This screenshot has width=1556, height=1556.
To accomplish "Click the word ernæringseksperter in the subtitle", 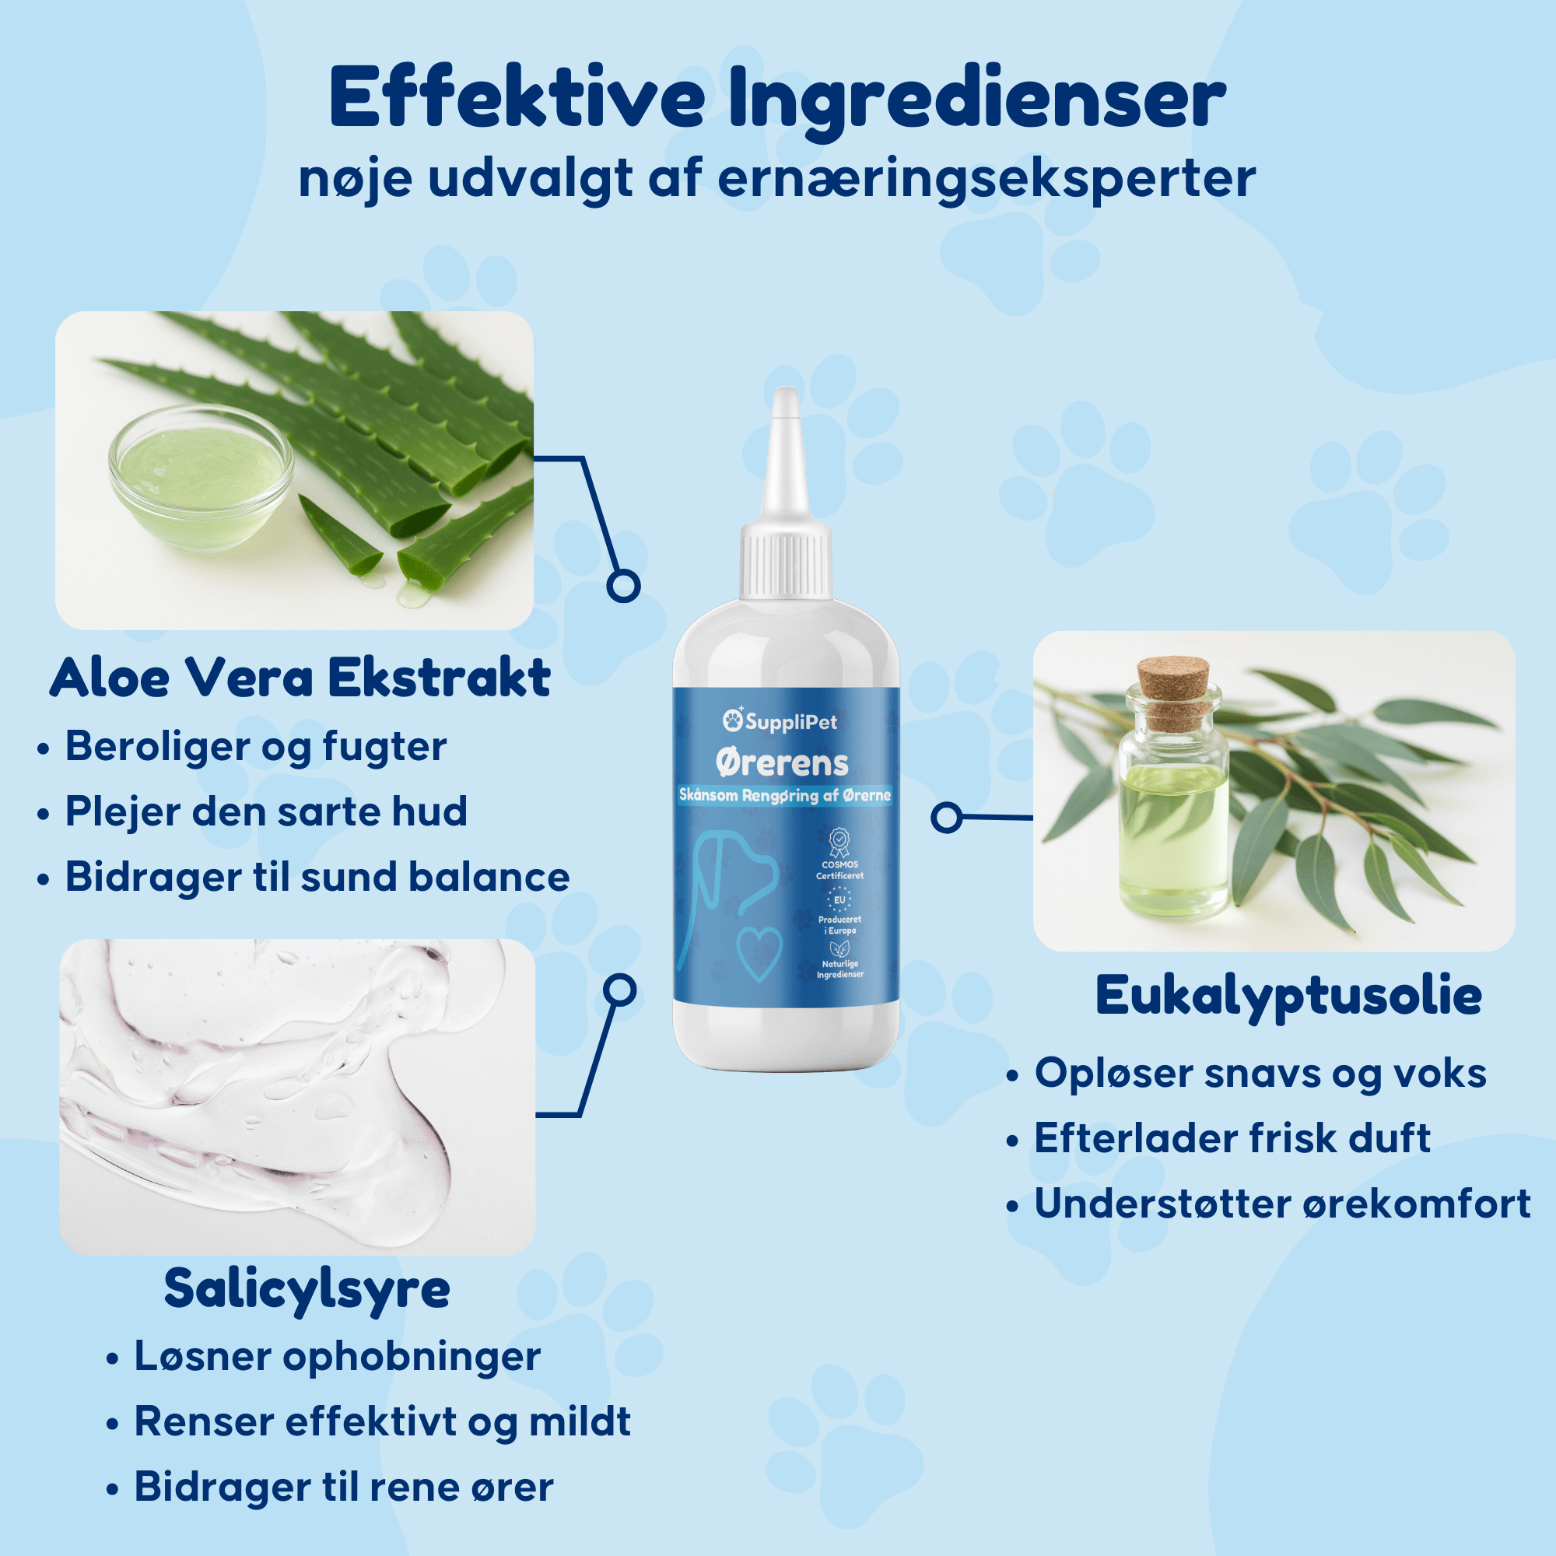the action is [x=987, y=179].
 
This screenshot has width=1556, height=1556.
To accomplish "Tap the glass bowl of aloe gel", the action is [x=201, y=478].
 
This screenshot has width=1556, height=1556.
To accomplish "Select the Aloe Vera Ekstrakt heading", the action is [x=300, y=678].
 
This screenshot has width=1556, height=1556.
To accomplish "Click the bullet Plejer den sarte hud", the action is [x=266, y=811].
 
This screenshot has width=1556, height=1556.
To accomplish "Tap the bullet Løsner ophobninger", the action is [x=337, y=1357].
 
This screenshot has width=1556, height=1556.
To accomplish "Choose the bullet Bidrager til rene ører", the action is [x=344, y=1486].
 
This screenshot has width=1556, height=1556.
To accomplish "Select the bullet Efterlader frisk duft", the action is [x=1232, y=1138].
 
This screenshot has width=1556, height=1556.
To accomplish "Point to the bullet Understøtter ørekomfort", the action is [x=1282, y=1204].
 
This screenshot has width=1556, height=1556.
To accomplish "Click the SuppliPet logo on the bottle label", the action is [x=780, y=721].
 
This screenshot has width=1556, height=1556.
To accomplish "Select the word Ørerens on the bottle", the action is [x=782, y=762].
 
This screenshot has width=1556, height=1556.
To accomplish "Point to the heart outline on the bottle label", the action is [x=759, y=955].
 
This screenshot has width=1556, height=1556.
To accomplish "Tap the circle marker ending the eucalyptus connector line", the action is [x=947, y=818].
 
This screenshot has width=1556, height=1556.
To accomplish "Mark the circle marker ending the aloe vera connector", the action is [x=623, y=586].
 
